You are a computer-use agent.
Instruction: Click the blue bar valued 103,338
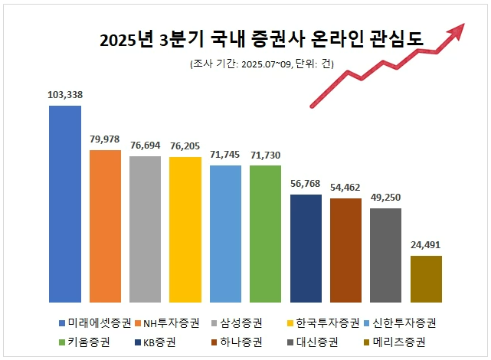tap(65, 204)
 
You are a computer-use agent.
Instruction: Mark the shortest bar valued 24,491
tap(426, 279)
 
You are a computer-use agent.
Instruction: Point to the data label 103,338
tap(65, 95)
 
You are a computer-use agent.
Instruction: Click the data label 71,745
tap(225, 155)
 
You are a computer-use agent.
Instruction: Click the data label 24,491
tap(426, 245)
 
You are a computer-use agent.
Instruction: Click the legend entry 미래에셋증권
tap(94, 322)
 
